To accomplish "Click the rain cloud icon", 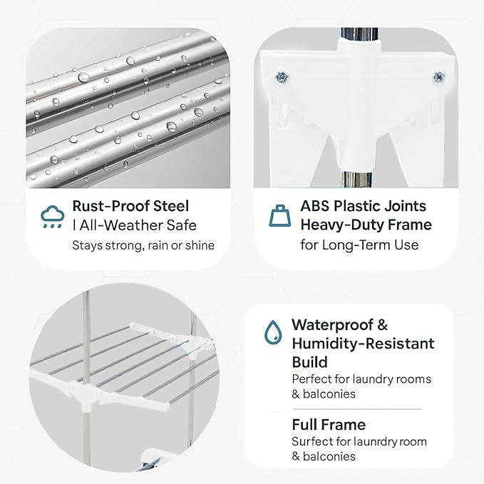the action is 53,217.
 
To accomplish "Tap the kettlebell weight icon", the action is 279,215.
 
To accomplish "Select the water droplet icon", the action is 273,332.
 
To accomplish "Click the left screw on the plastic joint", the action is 282,76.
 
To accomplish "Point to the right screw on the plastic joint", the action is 439,76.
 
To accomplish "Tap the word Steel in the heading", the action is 171,206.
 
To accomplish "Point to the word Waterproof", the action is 332,325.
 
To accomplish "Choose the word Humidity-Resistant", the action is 363,344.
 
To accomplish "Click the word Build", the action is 309,362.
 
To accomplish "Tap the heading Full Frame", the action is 329,425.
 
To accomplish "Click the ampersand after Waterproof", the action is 382,325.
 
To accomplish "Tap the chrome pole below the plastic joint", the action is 358,180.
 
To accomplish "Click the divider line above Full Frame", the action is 357,409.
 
